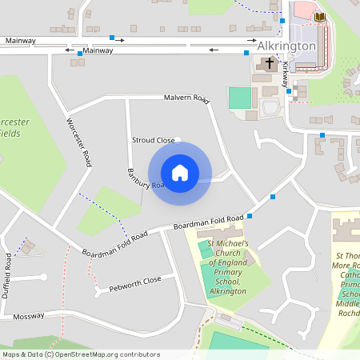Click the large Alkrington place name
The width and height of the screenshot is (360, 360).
click(288, 46)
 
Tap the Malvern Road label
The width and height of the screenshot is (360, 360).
click(186, 99)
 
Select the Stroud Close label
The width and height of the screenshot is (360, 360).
click(153, 140)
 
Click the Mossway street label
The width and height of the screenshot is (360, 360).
click(30, 316)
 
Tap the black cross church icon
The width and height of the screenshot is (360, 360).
click(269, 62)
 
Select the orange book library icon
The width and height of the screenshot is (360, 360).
click(319, 16)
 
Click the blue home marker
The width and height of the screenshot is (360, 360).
click(180, 172)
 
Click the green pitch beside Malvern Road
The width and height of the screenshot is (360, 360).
click(239, 98)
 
